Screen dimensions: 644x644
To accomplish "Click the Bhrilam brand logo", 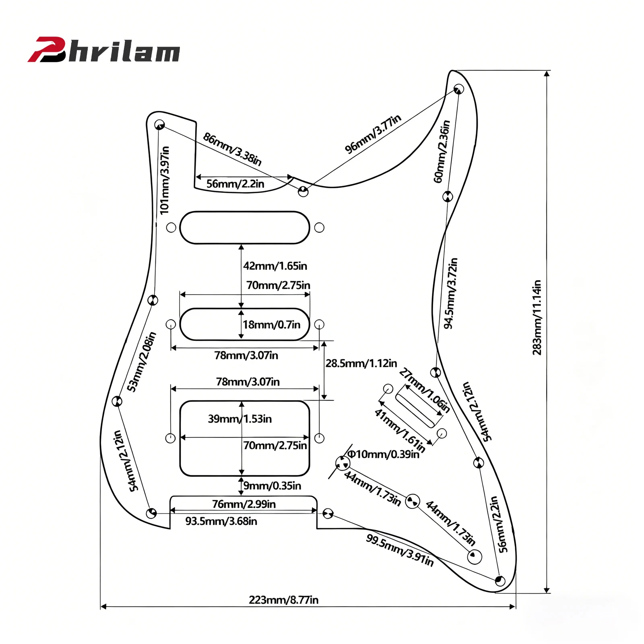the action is pyautogui.click(x=104, y=50).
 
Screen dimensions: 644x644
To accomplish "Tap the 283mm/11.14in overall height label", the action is pyautogui.click(x=537, y=318).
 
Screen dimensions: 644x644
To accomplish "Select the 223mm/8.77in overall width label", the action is pyautogui.click(x=283, y=600).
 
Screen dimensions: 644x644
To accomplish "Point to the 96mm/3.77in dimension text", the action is pyautogui.click(x=373, y=134).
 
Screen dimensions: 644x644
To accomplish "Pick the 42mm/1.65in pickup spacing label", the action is pyautogui.click(x=275, y=266).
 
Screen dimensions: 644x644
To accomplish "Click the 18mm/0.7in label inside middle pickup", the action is pyautogui.click(x=271, y=324).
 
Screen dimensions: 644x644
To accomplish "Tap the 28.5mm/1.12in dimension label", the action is pyautogui.click(x=361, y=363).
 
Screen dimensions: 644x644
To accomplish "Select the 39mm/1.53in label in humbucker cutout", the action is pyautogui.click(x=239, y=419).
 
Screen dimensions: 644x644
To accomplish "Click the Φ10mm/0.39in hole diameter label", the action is pyautogui.click(x=383, y=454).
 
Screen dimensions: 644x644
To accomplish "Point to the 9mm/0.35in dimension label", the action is pyautogui.click(x=272, y=485).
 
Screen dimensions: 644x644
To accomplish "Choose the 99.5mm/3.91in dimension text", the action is pyautogui.click(x=400, y=550).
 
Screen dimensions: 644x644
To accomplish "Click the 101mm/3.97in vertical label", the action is pyautogui.click(x=165, y=180).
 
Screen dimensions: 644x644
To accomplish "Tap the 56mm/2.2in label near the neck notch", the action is pyautogui.click(x=235, y=184).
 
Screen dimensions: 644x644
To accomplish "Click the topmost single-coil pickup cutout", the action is pyautogui.click(x=244, y=227).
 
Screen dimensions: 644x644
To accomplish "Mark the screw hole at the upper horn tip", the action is pyautogui.click(x=458, y=89).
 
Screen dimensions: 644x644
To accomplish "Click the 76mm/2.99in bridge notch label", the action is pyautogui.click(x=244, y=504).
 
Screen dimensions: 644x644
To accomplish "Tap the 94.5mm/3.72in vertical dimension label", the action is pyautogui.click(x=450, y=293).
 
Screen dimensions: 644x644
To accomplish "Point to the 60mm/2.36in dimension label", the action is pyautogui.click(x=442, y=151).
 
